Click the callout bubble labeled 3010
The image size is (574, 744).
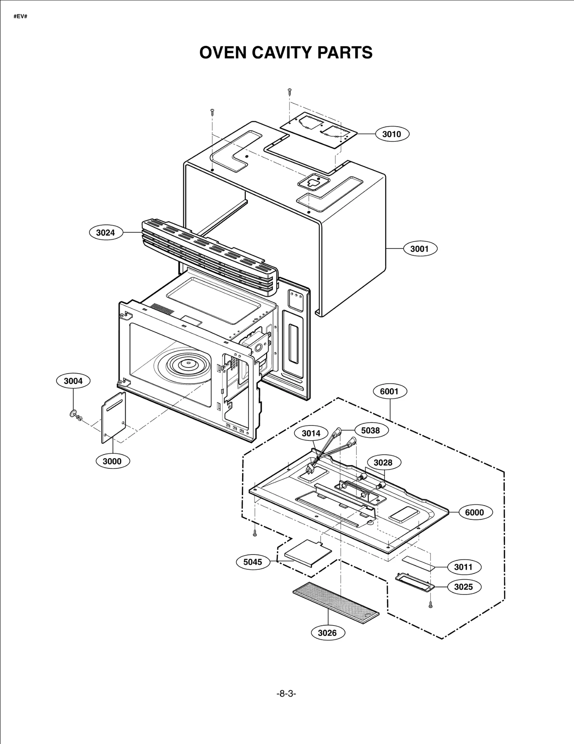tap(391, 134)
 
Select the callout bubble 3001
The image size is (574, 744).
tap(420, 249)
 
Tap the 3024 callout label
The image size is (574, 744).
tap(105, 233)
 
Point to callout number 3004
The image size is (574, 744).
tap(73, 381)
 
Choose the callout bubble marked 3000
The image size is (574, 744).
tap(112, 461)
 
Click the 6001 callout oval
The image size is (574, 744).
tap(389, 391)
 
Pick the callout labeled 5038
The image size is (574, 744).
tap(370, 430)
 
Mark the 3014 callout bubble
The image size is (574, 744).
tap(311, 433)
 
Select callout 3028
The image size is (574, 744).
tap(383, 463)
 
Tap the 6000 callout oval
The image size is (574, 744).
tap(474, 513)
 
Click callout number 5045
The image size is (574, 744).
tap(253, 562)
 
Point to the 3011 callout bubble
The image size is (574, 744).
tap(463, 567)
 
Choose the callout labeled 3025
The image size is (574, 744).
tap(463, 587)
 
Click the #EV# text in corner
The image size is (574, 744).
tap(20, 17)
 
